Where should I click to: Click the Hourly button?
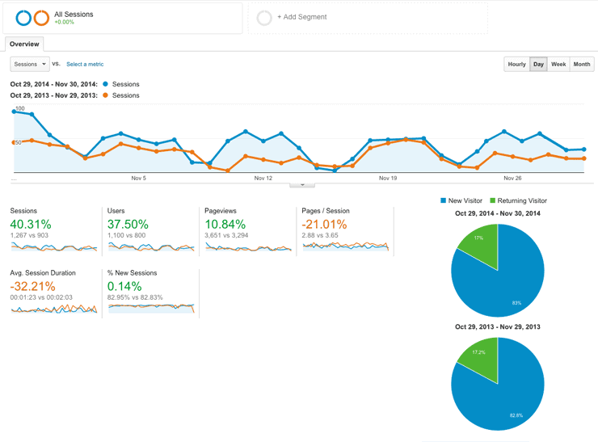click(517, 64)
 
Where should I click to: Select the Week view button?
click(558, 64)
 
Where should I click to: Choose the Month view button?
click(582, 64)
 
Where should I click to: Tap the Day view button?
click(538, 64)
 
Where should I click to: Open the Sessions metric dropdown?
click(30, 64)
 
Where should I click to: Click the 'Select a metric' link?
click(85, 64)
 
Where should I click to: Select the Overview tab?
click(24, 44)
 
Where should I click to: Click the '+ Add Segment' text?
click(301, 17)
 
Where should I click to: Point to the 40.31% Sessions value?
click(31, 224)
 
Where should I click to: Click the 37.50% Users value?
click(128, 224)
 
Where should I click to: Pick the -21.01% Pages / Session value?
click(324, 224)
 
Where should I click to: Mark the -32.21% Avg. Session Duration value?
click(33, 286)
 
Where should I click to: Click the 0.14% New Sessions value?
click(124, 286)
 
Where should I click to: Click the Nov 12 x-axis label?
click(263, 178)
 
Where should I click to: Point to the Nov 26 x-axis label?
click(512, 178)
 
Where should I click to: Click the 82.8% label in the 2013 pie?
click(516, 415)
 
